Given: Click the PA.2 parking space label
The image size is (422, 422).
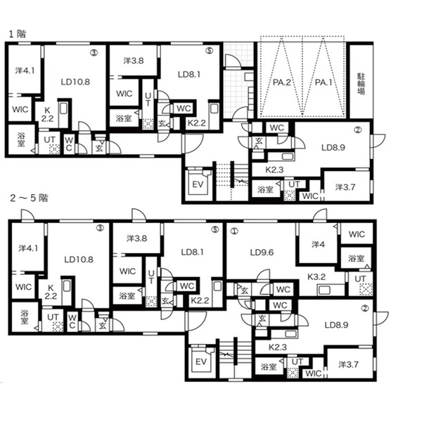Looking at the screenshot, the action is click(282, 82).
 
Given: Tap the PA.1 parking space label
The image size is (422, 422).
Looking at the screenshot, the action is click(324, 82).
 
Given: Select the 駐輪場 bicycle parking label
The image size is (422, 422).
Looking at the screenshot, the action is click(361, 84).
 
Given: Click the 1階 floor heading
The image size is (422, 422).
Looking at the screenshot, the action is click(18, 34).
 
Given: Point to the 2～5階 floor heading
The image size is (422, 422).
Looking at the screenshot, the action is click(29, 198).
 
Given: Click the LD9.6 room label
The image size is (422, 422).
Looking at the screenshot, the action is click(262, 252).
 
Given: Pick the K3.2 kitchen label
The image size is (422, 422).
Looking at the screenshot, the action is click(316, 276).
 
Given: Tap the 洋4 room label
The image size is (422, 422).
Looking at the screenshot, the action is click(318, 244).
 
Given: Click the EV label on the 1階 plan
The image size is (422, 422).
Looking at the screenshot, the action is click(198, 184).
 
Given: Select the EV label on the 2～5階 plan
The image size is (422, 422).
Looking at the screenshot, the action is click(201, 362).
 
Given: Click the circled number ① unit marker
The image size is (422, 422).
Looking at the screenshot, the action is click(234, 231).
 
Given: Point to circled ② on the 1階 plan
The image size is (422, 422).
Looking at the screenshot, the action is click(358, 130).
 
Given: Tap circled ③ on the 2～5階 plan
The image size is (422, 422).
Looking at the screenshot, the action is click(100, 228).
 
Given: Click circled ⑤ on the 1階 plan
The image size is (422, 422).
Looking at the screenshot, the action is click(209, 51).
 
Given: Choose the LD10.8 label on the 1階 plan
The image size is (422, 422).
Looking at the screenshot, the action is click(75, 82).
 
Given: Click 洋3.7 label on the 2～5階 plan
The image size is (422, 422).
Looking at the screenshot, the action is click(348, 364).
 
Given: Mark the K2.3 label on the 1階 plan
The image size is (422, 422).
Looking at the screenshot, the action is click(274, 170).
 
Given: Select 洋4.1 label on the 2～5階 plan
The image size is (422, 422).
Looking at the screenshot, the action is click(28, 248).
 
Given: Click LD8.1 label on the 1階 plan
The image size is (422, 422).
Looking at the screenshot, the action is click(189, 75).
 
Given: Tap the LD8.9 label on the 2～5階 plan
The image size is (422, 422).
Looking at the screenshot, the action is click(336, 325).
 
